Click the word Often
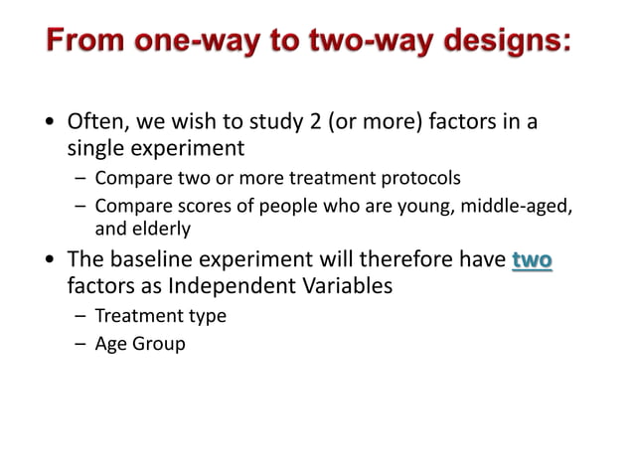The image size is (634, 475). tap(95, 123)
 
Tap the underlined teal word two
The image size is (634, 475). tap(532, 260)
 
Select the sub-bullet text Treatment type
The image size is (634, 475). tap(160, 316)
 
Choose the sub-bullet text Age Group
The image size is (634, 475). tap(140, 345)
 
